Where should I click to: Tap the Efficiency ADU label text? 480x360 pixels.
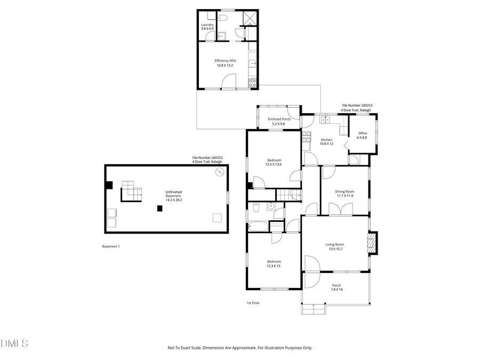coord(225,63)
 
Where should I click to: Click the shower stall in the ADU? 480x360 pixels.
coord(249,19)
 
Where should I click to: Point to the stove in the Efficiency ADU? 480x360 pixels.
coord(253,82)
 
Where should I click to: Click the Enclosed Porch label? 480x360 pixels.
coord(279,121)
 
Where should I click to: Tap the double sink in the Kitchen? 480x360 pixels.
coord(326,120)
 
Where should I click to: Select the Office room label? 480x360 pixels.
coord(363,135)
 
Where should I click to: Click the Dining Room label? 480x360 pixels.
coord(345,194)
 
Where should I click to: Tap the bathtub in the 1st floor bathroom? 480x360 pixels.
coord(259,227)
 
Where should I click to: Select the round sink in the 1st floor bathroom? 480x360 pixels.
coord(271,207)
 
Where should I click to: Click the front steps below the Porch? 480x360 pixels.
coord(314,309)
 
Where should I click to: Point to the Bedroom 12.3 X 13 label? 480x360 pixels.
coord(274,263)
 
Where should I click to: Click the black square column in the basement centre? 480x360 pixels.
coord(159,209)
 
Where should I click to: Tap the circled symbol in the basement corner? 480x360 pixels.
coord(219,172)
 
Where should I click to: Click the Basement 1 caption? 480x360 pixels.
coord(111,246)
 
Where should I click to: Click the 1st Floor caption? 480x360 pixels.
coord(253,303)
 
